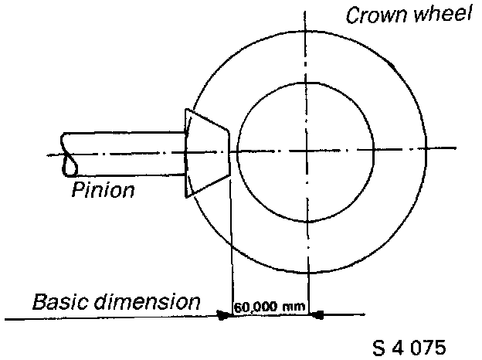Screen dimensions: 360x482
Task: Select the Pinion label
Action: pyautogui.click(x=103, y=189)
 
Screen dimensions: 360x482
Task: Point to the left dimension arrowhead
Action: pyautogui.click(x=225, y=314)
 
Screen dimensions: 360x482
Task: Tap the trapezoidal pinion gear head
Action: pyautogui.click(x=207, y=154)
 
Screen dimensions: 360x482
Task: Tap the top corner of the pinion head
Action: pyautogui.click(x=187, y=110)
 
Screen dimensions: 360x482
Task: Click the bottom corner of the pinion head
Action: pyautogui.click(x=186, y=199)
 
